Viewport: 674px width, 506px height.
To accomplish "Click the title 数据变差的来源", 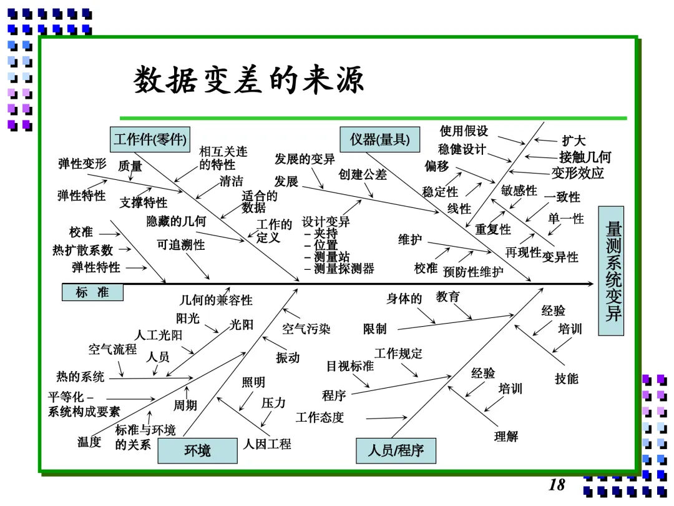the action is (x=249, y=79).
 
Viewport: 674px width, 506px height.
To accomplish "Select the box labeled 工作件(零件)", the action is (x=150, y=139).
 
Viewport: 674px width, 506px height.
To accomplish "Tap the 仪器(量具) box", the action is (x=380, y=139).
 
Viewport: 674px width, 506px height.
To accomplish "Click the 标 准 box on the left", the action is (x=92, y=292).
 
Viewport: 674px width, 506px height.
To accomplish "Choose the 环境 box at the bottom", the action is (x=198, y=450).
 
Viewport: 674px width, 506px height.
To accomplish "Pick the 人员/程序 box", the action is (x=396, y=450).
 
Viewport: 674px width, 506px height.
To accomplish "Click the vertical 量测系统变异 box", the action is (x=611, y=271).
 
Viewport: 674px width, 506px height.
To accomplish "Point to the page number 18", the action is (x=557, y=485).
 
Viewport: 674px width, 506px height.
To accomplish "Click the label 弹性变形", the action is (x=82, y=164).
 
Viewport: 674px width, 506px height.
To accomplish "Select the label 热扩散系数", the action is (x=82, y=249).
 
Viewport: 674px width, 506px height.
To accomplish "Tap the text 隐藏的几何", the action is (x=176, y=221).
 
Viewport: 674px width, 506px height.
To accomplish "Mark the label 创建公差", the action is (x=363, y=174).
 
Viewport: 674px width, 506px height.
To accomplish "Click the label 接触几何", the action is (x=585, y=157).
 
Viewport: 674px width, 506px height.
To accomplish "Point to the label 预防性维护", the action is (x=473, y=272).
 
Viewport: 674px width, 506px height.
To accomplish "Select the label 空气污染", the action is (x=306, y=329).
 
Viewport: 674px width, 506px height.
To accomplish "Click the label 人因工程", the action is (x=267, y=444).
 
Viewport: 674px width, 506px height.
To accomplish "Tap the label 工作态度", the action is (x=320, y=417).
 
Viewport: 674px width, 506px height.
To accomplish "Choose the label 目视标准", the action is (x=350, y=366).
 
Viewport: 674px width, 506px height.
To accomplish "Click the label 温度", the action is (x=89, y=442).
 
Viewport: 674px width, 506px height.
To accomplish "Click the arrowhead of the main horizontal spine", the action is (x=591, y=284).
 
